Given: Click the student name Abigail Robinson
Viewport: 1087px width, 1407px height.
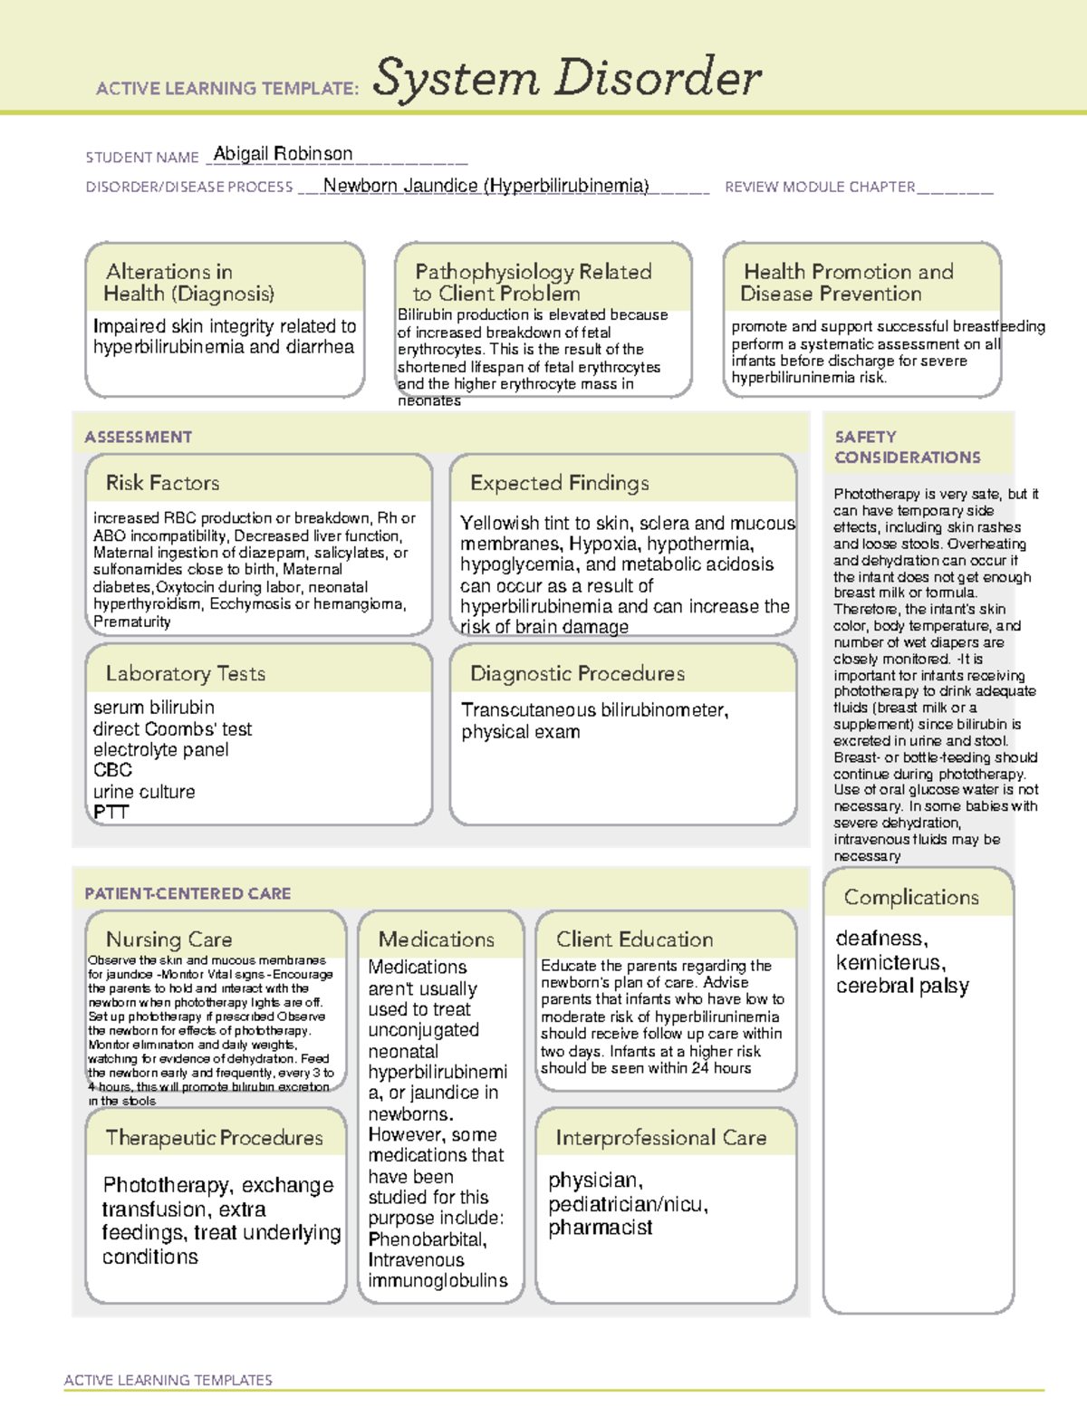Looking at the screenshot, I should [x=283, y=154].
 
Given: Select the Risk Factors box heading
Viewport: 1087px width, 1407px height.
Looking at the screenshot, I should [x=162, y=483].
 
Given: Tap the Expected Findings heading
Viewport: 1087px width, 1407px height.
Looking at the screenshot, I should [x=559, y=483].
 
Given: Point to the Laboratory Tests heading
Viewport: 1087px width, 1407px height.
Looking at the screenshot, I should [x=185, y=673].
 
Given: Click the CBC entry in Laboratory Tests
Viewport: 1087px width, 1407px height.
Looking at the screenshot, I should [x=112, y=770].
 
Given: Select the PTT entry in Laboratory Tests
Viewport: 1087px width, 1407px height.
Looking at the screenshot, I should [x=111, y=812].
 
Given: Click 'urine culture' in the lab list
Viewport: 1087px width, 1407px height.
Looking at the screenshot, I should [x=144, y=791].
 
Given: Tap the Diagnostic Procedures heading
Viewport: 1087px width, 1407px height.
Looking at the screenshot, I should [x=577, y=673].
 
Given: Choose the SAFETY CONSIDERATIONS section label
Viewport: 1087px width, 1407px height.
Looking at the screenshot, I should [x=907, y=448].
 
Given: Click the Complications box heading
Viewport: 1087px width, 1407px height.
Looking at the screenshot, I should [x=910, y=897].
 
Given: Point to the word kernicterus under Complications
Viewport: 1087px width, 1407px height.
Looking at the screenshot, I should [x=890, y=962].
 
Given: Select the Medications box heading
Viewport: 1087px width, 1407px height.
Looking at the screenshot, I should [x=436, y=940].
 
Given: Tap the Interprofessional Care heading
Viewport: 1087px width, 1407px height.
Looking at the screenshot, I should [x=660, y=1138].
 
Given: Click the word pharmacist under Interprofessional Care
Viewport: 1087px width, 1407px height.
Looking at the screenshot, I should [x=600, y=1228].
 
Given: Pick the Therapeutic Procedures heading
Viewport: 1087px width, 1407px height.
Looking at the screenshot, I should [x=214, y=1138].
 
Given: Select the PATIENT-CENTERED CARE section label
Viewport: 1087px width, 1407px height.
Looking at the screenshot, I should [x=188, y=893].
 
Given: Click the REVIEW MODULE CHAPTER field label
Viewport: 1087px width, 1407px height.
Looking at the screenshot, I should [x=819, y=187].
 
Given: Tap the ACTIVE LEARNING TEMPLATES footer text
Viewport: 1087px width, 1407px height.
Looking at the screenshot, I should [x=168, y=1380].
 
